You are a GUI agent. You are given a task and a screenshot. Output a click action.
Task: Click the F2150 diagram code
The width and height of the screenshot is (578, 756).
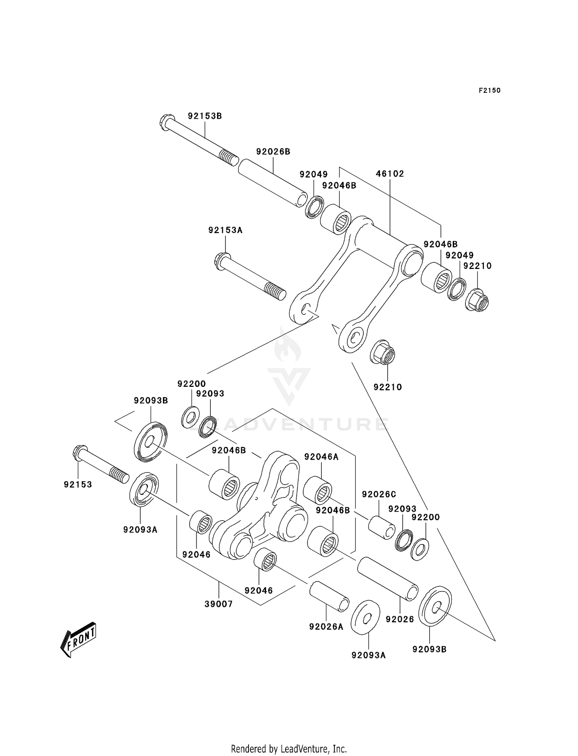(x=489, y=91)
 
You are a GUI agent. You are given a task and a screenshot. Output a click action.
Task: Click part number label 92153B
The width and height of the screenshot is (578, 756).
(x=205, y=116)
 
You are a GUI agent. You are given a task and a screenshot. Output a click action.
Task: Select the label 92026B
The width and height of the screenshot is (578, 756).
(x=273, y=151)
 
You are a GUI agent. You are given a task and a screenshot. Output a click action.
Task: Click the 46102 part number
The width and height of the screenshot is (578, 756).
(x=390, y=174)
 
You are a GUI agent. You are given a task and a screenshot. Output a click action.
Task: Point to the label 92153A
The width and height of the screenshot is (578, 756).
(x=225, y=230)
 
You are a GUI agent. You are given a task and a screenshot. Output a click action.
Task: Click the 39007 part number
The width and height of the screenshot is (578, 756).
(x=218, y=604)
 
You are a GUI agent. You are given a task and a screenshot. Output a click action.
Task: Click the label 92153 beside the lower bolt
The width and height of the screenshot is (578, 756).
(x=78, y=484)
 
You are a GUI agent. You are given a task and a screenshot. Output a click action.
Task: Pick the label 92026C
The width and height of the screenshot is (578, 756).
(x=379, y=494)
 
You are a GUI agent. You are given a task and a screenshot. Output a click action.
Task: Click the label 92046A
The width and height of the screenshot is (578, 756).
(x=321, y=457)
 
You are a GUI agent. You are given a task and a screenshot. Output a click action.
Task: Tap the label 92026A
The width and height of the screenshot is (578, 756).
(x=326, y=627)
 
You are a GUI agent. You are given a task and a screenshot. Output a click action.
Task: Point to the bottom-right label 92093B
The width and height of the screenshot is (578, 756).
(x=429, y=649)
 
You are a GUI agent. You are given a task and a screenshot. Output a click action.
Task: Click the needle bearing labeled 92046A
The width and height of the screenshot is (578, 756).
(x=318, y=490)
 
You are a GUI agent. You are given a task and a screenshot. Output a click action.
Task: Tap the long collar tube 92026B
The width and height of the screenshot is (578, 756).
(x=273, y=183)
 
